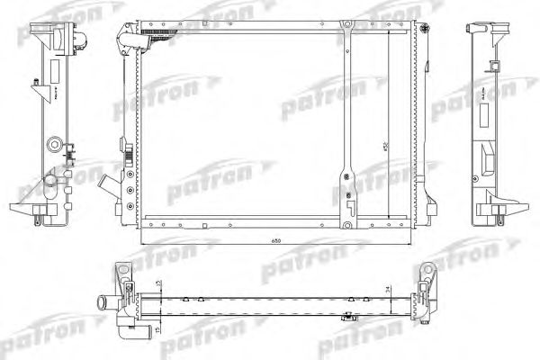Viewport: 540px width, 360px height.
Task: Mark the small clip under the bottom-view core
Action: [x=346, y=317]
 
